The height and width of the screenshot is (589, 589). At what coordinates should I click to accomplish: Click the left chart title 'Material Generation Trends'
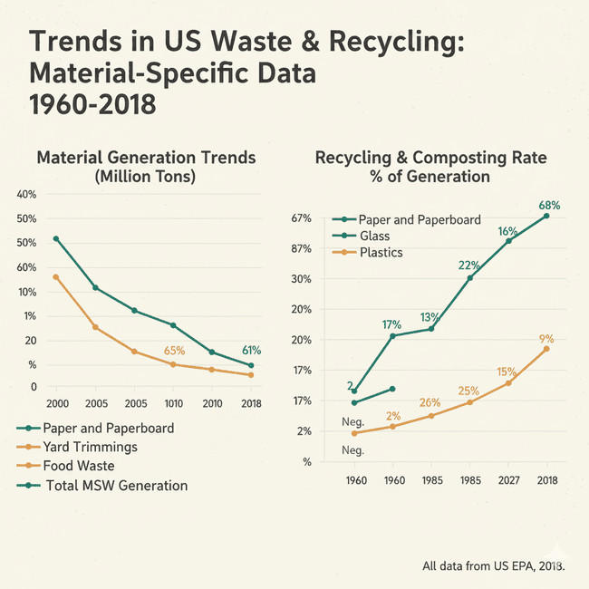(146, 158)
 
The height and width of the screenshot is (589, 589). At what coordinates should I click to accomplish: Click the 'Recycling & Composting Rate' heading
(430, 158)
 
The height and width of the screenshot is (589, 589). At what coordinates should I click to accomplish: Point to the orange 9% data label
(546, 340)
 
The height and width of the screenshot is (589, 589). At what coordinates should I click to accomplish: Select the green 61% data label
(251, 351)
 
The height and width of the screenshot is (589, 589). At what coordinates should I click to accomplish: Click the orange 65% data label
(174, 351)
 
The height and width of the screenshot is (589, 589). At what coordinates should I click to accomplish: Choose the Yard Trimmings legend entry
(90, 447)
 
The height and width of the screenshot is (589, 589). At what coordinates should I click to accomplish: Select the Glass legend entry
(374, 236)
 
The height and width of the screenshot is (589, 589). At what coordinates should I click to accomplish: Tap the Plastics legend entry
(381, 252)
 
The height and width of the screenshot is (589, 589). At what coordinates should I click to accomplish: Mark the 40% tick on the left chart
(26, 195)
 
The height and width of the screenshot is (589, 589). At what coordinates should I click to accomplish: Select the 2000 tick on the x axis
(56, 402)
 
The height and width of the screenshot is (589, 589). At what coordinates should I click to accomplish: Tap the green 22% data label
(469, 266)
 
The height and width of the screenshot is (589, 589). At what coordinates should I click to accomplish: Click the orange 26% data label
(430, 402)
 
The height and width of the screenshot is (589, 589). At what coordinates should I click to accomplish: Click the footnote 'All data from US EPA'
(494, 566)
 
